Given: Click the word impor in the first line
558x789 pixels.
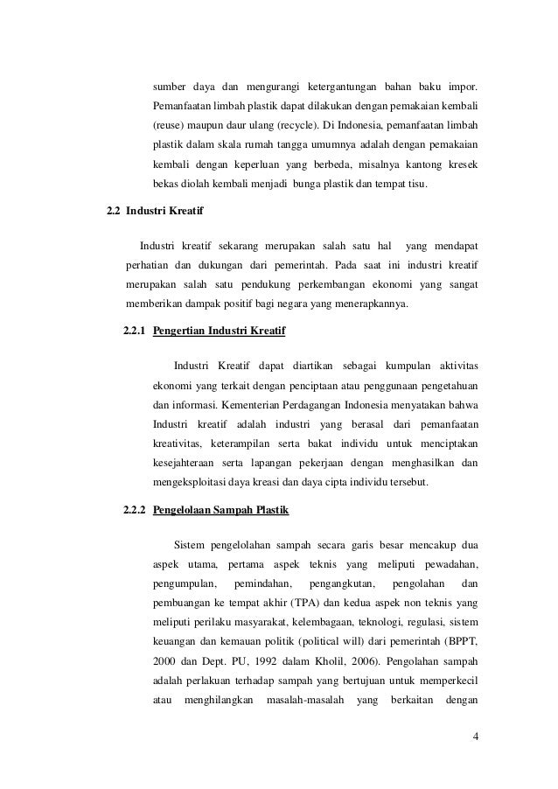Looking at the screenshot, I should (462, 87).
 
